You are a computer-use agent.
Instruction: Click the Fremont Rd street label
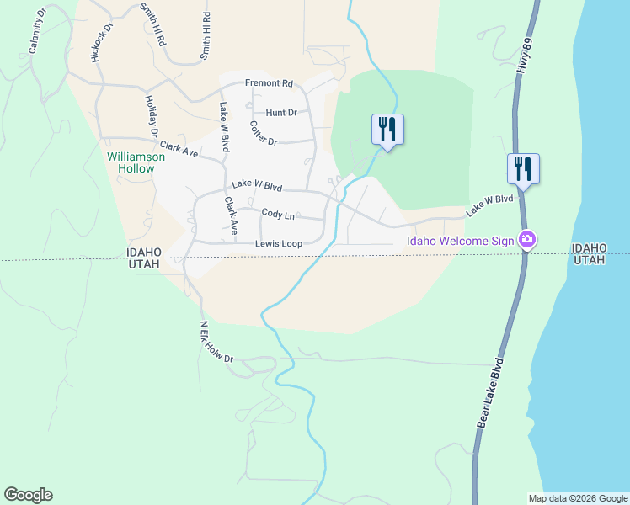pyautogui.click(x=269, y=83)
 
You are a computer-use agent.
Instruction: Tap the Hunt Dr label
pyautogui.click(x=281, y=112)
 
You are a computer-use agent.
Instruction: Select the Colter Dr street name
pyautogui.click(x=264, y=134)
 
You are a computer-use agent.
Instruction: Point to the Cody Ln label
pyautogui.click(x=278, y=215)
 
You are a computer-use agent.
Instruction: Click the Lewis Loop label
pyautogui.click(x=279, y=244)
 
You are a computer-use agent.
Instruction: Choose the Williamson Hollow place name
pyautogui.click(x=131, y=162)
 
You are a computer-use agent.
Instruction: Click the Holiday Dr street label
pyautogui.click(x=151, y=116)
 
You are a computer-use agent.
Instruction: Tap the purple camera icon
pyautogui.click(x=527, y=240)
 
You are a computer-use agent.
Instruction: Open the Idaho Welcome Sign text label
pyautogui.click(x=460, y=241)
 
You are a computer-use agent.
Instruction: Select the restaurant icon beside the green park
pyautogui.click(x=387, y=129)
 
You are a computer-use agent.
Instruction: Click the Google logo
pyautogui.click(x=28, y=495)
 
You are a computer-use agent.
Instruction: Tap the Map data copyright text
pyautogui.click(x=577, y=498)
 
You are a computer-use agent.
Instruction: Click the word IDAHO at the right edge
pyautogui.click(x=589, y=247)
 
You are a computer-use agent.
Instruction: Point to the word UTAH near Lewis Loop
pyautogui.click(x=143, y=264)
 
